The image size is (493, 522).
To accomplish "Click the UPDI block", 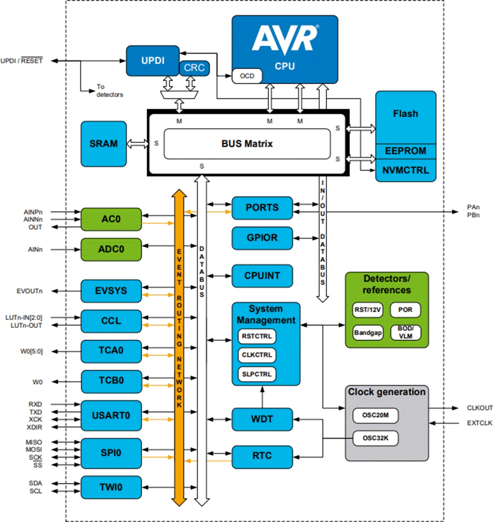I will tap(152, 61).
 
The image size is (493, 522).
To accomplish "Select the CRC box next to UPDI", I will tap(194, 68).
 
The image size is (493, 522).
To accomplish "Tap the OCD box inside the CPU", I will tap(247, 76).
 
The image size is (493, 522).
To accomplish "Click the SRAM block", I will tap(104, 144).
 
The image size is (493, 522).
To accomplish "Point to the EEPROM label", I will tap(405, 151).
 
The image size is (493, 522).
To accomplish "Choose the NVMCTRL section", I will tap(405, 170).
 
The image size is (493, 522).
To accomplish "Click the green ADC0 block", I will tap(111, 249).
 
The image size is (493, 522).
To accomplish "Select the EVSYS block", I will tap(111, 291).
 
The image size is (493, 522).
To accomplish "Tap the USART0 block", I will tap(111, 416).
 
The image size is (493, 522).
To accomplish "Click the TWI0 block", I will tap(111, 487).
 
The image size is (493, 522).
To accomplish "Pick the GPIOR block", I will tap(262, 238).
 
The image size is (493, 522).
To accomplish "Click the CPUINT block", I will tap(262, 276).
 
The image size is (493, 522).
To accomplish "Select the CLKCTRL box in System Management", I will tap(257, 355).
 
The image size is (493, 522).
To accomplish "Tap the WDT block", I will tap(262, 419).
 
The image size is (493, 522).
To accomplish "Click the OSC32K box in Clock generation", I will tap(375, 438).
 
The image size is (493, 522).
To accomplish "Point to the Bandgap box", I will tap(367, 332).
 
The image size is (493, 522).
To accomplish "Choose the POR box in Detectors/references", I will tap(405, 310).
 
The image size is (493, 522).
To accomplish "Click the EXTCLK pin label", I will tap(479, 423).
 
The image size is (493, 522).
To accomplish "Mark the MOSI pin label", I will tap(34, 450).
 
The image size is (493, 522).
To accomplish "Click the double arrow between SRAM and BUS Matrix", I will tap(137, 144).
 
